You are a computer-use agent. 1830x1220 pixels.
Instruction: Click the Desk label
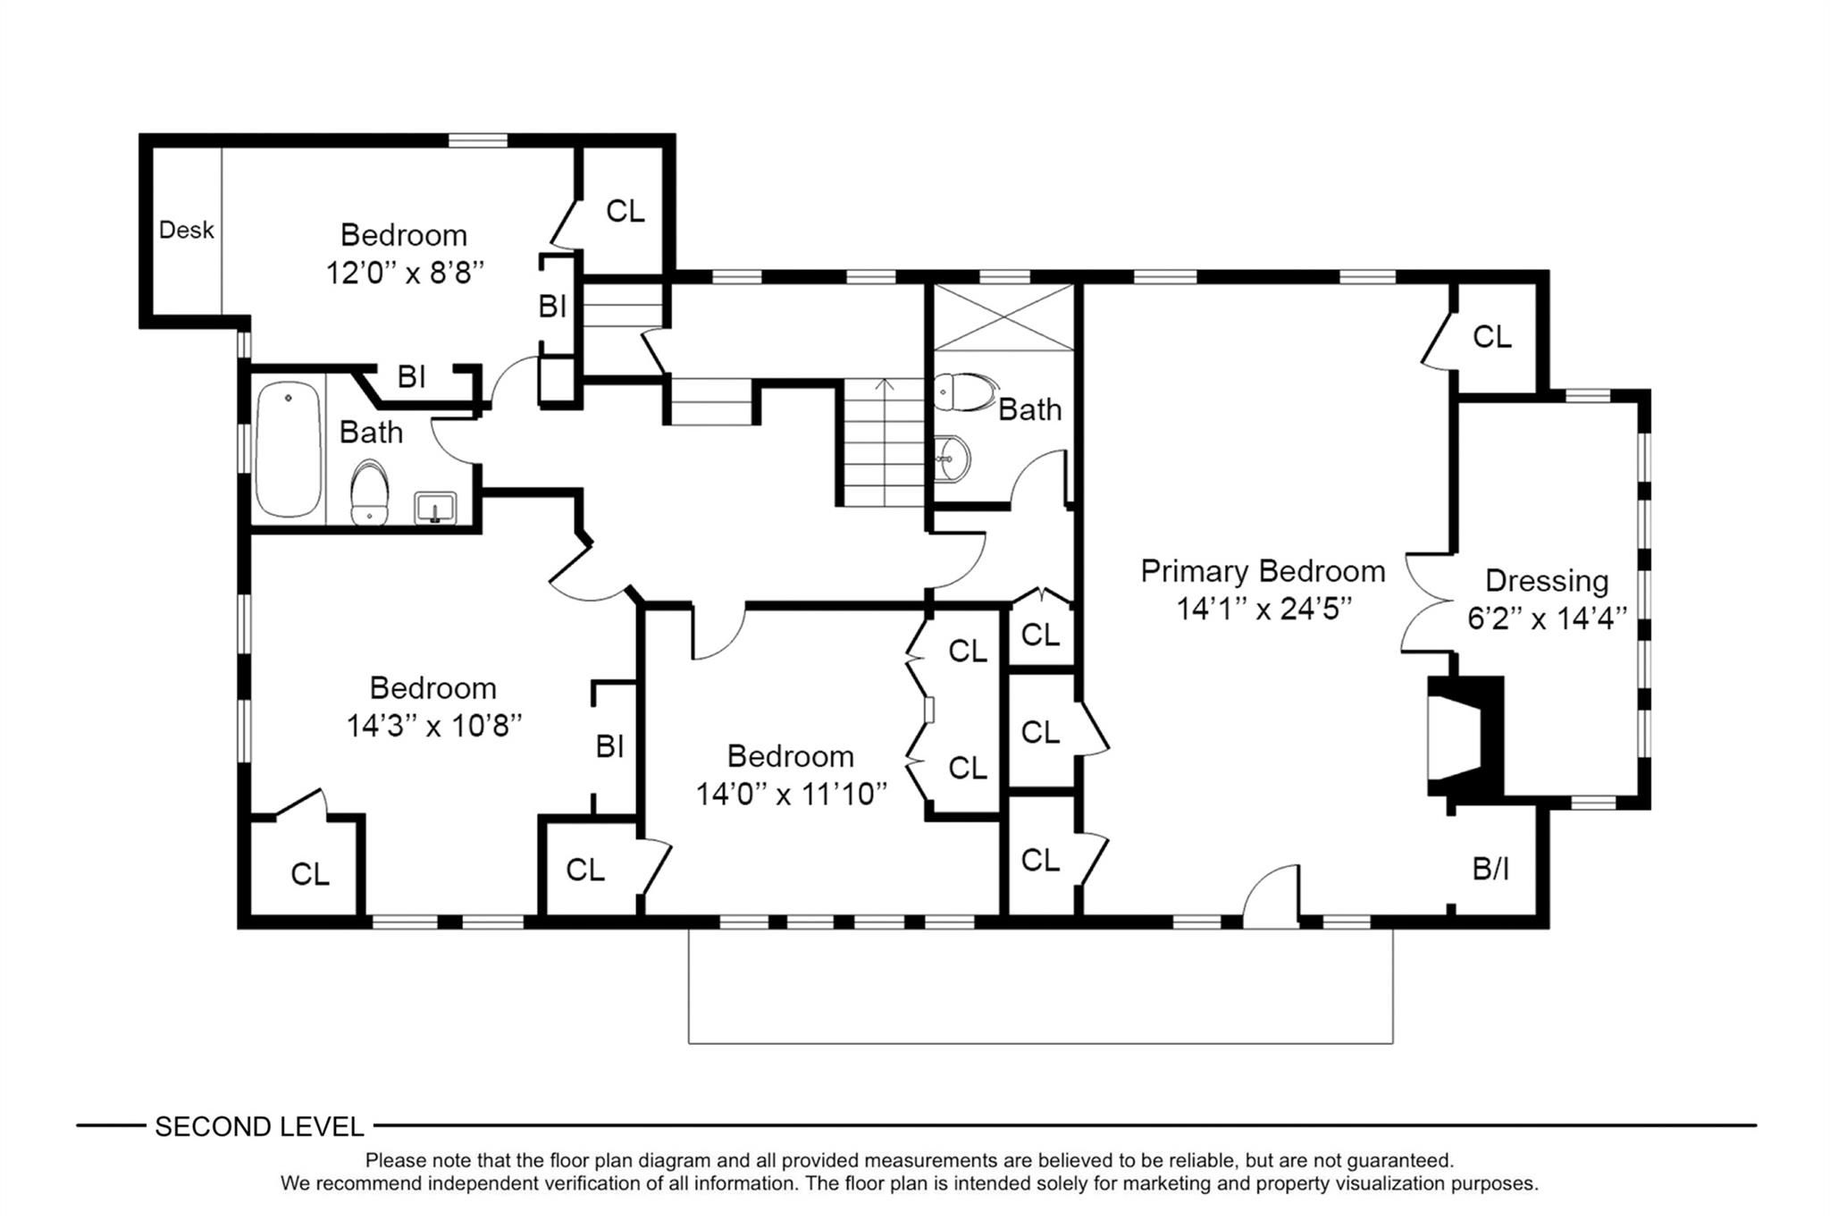187,230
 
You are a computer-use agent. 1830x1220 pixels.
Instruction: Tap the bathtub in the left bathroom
288,449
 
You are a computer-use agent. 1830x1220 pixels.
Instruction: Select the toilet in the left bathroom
369,492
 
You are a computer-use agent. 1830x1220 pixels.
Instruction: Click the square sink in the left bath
435,508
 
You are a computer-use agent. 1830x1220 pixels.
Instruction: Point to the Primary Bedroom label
1263,571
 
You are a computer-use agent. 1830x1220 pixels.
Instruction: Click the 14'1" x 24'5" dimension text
1263,609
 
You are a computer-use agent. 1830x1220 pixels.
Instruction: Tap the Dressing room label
1547,581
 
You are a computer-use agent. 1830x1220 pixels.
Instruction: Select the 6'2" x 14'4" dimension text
1547,618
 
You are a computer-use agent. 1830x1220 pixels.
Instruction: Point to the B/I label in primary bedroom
1490,868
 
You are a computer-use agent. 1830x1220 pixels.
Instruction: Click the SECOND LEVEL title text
259,1126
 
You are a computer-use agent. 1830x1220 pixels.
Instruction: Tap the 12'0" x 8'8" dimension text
405,273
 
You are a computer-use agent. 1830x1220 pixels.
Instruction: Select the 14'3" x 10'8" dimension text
433,726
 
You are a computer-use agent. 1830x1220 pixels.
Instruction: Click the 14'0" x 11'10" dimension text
791,794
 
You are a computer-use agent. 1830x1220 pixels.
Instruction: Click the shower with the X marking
1003,317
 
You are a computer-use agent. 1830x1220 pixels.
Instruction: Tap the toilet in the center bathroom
965,391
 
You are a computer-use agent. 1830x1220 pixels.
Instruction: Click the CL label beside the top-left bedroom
625,211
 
